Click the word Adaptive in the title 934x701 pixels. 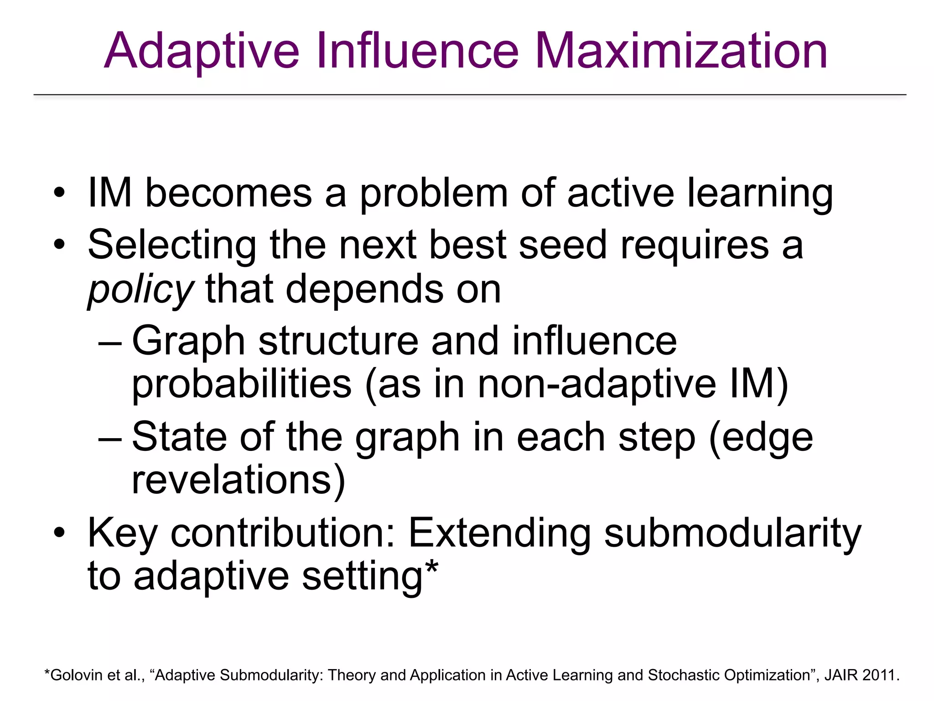point(201,51)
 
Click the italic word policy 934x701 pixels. point(140,290)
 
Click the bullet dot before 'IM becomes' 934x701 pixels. point(59,194)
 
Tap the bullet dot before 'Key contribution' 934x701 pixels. point(59,533)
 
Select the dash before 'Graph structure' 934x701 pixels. point(110,342)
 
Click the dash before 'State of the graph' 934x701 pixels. point(110,439)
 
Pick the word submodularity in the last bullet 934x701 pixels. point(732,533)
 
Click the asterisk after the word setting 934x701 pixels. point(431,568)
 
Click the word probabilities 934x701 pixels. point(242,385)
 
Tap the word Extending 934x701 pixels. point(499,533)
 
